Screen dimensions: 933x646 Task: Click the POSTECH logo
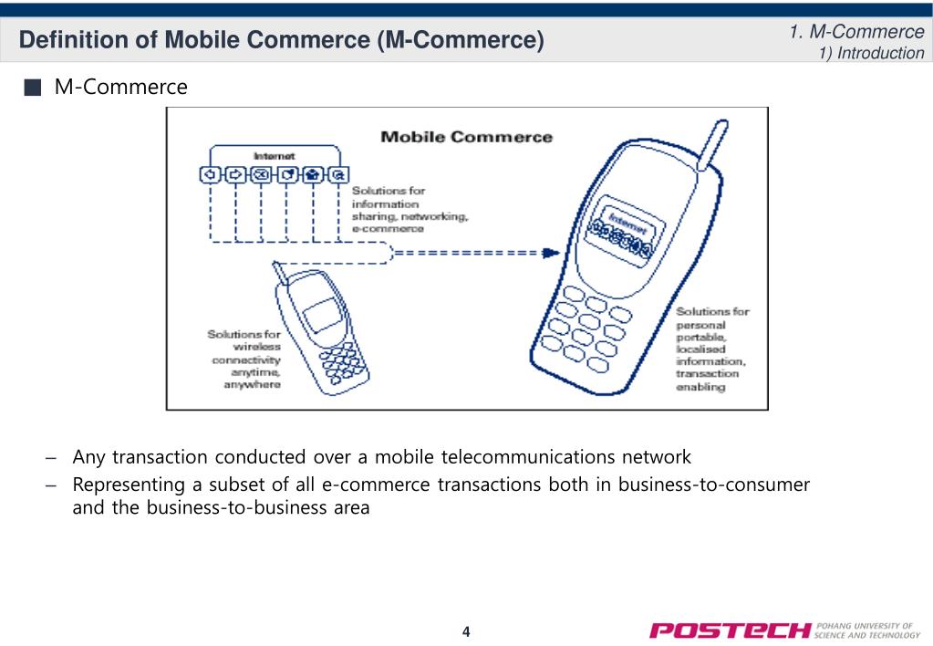(785, 630)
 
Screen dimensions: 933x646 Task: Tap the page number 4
(466, 631)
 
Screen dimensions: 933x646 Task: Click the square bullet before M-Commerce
(33, 88)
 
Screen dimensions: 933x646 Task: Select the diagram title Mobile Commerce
(467, 137)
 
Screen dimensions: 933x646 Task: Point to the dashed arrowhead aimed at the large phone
(551, 253)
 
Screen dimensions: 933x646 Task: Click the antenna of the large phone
(712, 145)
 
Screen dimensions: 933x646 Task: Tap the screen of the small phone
(323, 315)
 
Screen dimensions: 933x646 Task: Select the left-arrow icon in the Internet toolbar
(210, 174)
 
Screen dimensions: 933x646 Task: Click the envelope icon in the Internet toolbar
(261, 174)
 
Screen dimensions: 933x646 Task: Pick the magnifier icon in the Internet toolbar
(338, 174)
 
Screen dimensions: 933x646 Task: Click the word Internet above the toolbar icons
(274, 156)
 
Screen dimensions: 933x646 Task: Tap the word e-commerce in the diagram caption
(388, 229)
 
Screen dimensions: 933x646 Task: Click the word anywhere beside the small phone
(252, 385)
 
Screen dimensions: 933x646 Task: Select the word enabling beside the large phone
(700, 387)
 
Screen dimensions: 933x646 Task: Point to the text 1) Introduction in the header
(871, 53)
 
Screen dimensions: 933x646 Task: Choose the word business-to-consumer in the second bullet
(713, 484)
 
